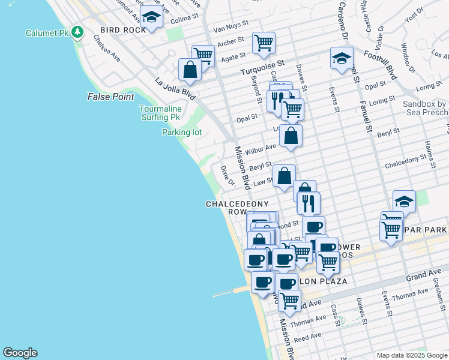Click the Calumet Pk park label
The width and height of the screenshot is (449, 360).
click(x=47, y=32)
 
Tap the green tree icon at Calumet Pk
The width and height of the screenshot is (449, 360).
click(x=77, y=32)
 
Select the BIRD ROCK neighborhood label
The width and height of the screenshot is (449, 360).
click(x=119, y=29)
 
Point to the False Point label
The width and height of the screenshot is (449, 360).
click(x=110, y=97)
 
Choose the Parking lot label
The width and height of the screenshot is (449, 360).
click(x=182, y=132)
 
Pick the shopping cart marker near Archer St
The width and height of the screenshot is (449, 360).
click(x=264, y=43)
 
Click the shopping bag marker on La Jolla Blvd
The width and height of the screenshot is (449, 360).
click(x=190, y=69)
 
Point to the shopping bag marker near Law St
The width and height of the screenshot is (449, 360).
click(x=284, y=176)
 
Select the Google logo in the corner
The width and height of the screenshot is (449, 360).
click(x=20, y=353)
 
